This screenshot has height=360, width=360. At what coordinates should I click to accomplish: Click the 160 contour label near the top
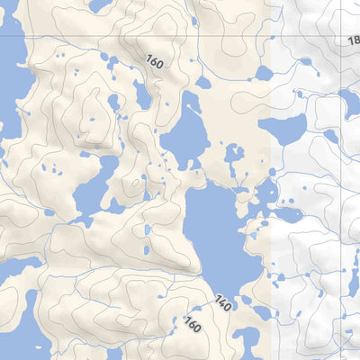tap(156, 60)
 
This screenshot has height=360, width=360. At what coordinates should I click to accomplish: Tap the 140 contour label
tap(223, 303)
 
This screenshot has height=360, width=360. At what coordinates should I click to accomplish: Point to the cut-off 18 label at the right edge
tap(352, 40)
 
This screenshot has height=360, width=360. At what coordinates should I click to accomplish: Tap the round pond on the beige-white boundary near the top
tap(263, 73)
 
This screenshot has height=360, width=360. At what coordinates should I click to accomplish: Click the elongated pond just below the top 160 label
tap(142, 94)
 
